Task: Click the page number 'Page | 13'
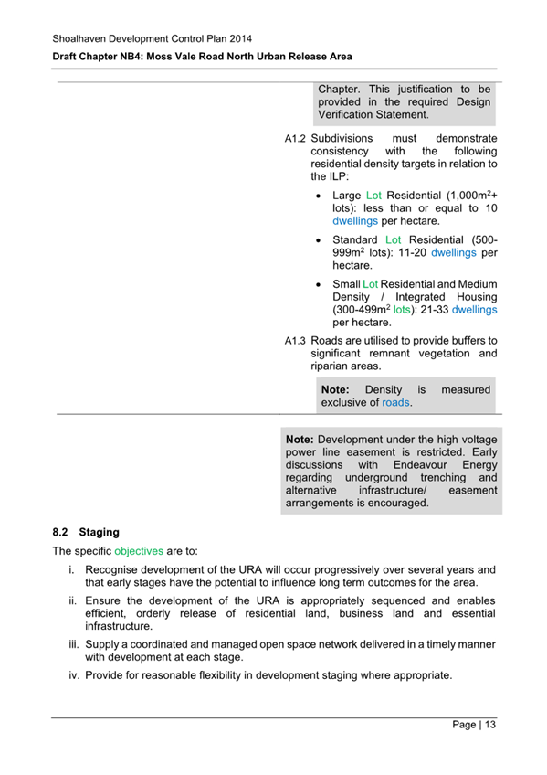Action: point(474,725)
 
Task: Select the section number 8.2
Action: point(60,531)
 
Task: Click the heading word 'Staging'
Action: point(100,531)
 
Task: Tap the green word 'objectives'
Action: point(139,551)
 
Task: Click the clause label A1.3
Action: point(293,340)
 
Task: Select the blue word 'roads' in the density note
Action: point(395,402)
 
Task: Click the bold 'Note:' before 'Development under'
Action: point(300,439)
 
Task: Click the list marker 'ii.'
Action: point(70,600)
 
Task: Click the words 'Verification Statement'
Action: point(373,115)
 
